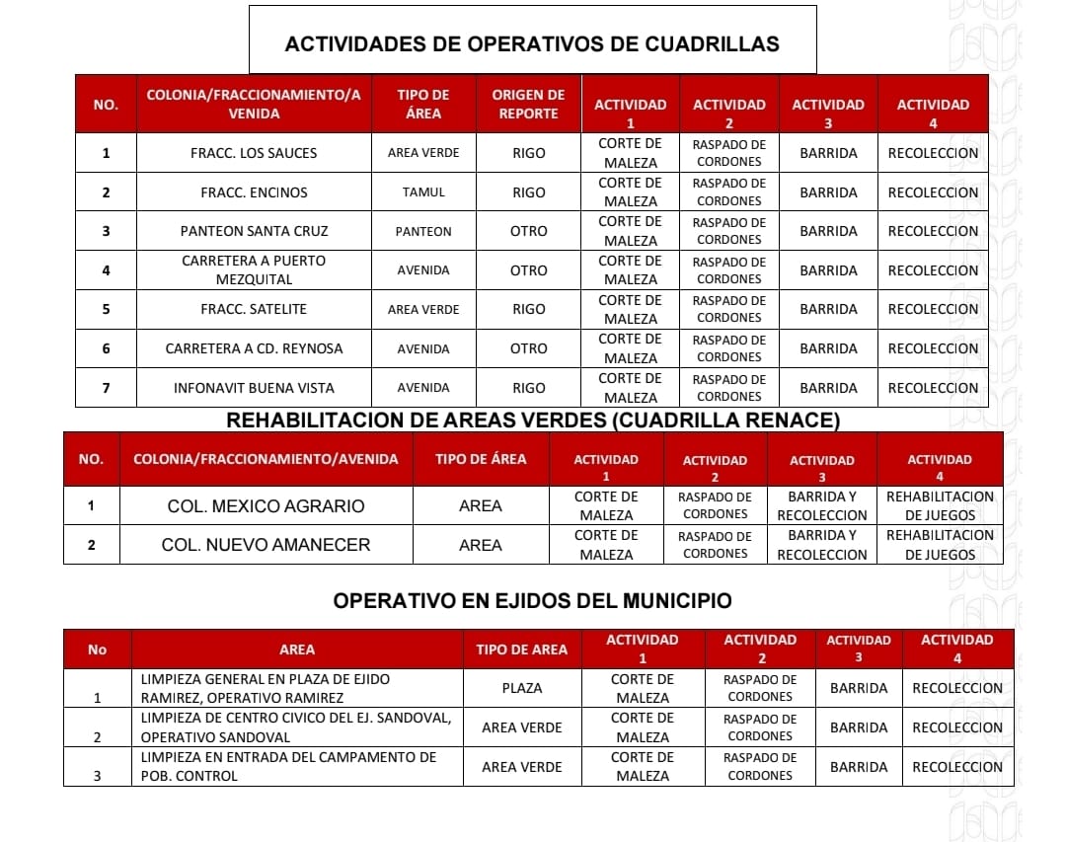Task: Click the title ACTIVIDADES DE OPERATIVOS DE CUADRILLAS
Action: point(532,43)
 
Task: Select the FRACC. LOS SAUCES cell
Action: point(254,153)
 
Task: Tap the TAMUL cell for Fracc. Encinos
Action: point(423,192)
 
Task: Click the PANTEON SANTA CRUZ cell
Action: point(254,231)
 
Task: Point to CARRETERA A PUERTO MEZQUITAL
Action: point(254,269)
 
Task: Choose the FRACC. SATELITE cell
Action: point(254,309)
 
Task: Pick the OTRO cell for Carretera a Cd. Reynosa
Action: point(528,348)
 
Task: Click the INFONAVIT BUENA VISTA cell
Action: point(254,388)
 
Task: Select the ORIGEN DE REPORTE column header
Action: point(528,104)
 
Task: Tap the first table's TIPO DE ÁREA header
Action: point(423,104)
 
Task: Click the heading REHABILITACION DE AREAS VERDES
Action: point(533,421)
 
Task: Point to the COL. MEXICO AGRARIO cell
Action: point(265,506)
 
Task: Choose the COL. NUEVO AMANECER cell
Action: point(266,545)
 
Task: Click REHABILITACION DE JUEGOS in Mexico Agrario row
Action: point(940,505)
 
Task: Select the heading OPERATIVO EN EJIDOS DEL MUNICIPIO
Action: point(532,600)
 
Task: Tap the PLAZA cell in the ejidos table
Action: point(522,688)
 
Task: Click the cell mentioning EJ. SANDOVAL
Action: point(296,727)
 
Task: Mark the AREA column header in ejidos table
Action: point(297,649)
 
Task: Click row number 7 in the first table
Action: point(106,388)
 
